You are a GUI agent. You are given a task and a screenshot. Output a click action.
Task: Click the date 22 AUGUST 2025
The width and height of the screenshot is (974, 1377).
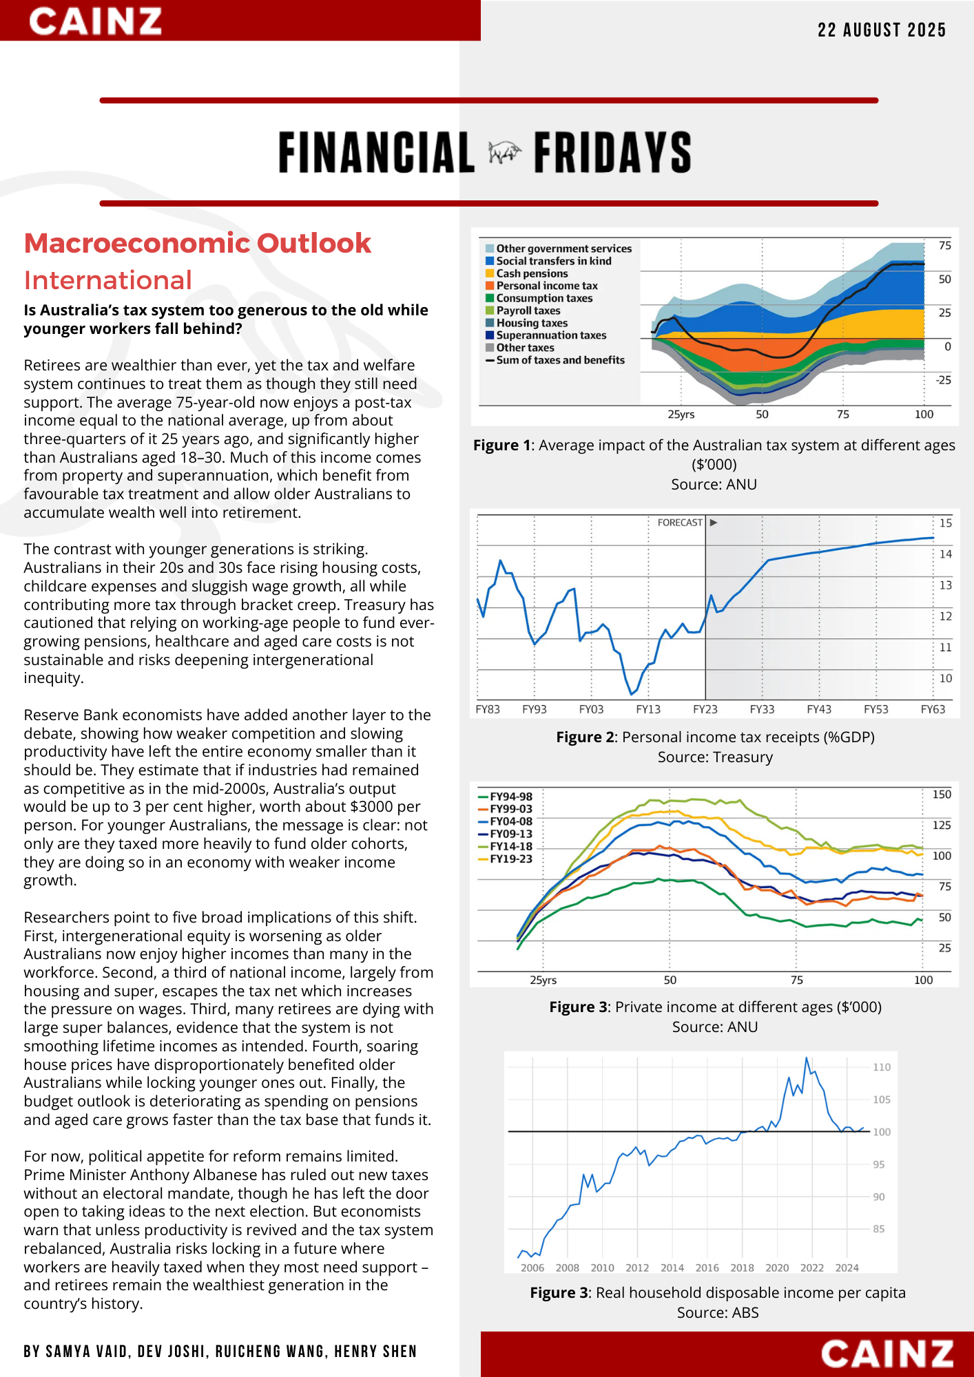882,30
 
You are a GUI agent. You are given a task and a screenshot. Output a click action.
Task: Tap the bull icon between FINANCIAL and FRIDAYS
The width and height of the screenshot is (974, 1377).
504,153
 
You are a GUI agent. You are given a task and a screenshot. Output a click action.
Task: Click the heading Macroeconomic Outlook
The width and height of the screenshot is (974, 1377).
198,244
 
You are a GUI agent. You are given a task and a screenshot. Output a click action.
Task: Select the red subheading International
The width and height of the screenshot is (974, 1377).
108,281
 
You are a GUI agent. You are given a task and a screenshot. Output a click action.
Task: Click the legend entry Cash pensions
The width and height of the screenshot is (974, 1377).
532,273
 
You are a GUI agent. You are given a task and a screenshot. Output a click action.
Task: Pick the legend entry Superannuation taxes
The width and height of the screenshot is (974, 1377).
551,335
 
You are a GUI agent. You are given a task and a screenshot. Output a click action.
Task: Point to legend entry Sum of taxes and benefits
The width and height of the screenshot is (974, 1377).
560,360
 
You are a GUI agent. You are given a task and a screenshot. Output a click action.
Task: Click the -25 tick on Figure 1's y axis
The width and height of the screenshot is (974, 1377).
943,380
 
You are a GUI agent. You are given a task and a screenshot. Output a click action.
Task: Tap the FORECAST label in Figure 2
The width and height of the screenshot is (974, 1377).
680,523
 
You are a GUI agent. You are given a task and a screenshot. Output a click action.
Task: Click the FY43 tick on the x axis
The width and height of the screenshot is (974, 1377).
819,709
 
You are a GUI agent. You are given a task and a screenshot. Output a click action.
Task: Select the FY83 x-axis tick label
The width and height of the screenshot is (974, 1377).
488,709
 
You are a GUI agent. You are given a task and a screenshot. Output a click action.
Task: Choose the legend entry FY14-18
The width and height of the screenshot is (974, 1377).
510,846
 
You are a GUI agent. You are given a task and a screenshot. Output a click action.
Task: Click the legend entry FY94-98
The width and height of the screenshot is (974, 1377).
510,797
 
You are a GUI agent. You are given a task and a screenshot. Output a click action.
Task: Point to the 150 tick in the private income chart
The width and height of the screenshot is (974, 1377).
942,795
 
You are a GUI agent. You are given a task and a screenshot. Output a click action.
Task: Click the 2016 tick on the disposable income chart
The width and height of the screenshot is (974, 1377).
707,1268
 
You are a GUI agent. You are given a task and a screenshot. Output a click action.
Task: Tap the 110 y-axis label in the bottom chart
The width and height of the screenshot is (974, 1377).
882,1067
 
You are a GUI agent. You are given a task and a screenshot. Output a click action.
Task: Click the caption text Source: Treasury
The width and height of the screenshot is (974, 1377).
715,757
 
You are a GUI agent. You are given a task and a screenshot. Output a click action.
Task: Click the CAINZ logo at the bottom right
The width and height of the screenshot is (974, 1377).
887,1354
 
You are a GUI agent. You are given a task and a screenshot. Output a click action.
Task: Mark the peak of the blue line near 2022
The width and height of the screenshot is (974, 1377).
807,1058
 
